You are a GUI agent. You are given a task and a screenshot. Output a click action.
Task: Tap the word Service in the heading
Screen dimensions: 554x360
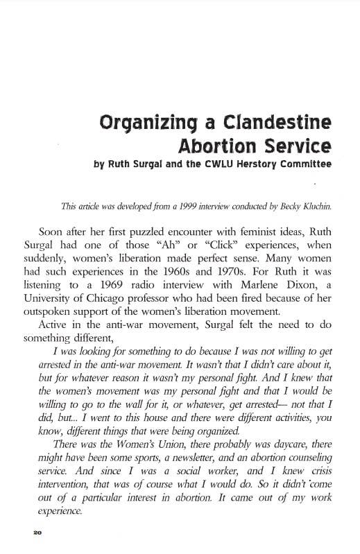tap(294, 147)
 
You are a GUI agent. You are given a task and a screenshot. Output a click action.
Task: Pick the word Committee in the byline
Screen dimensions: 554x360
tap(313, 166)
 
